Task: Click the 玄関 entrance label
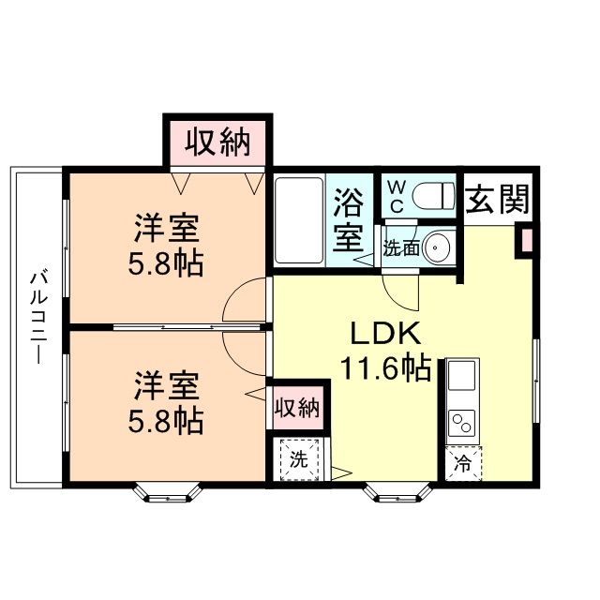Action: point(498,199)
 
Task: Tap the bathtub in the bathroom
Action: point(298,221)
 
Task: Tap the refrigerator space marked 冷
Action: point(461,461)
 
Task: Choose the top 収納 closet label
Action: point(218,142)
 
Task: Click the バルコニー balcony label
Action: point(38,319)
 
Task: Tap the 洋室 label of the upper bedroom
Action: point(166,228)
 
